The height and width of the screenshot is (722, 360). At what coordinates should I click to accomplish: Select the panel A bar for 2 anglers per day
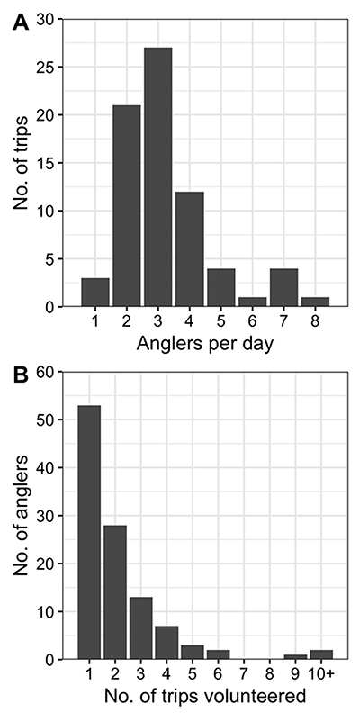pyautogui.click(x=126, y=206)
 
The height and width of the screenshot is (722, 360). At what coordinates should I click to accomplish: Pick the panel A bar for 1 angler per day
pyautogui.click(x=94, y=293)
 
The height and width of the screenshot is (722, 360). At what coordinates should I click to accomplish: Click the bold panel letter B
pyautogui.click(x=20, y=375)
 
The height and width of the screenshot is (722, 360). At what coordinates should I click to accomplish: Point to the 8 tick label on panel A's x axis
pyautogui.click(x=315, y=321)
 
